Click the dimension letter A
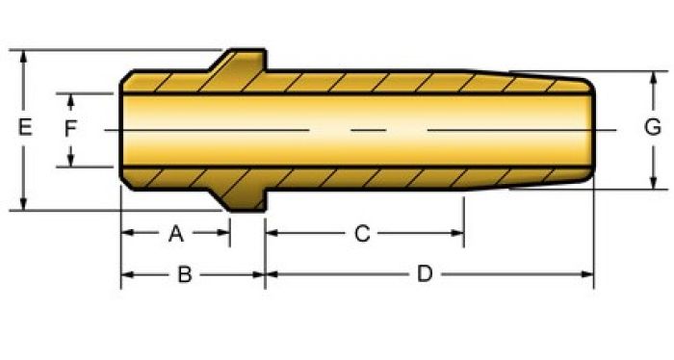tap(176, 234)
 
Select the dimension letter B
tap(185, 274)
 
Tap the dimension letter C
tap(362, 234)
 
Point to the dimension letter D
tap(425, 274)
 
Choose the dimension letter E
tap(25, 128)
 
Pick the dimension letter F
tap(70, 129)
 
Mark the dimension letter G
tap(653, 128)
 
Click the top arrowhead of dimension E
tap(24, 56)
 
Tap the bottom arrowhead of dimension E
tap(24, 204)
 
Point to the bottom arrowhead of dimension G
tap(654, 183)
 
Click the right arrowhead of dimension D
tap(587, 274)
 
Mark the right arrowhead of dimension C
tap(457, 233)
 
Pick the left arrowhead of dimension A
tap(128, 233)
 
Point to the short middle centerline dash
tap(369, 130)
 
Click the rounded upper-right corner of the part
tap(589, 85)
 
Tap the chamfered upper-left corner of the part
tap(126, 76)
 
